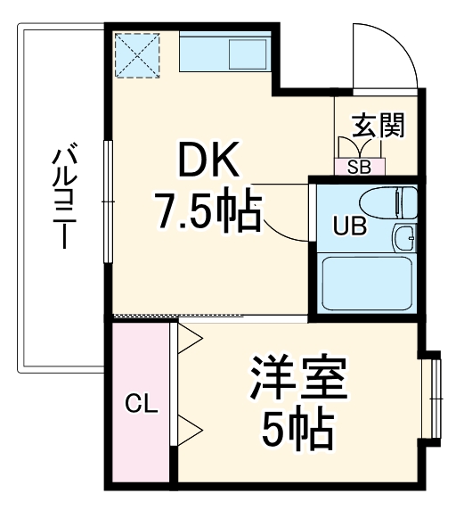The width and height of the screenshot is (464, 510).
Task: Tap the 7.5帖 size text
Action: coord(208,211)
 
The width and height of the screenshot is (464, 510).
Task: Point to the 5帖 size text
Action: coord(297,430)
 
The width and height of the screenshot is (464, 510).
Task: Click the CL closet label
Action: coord(141,404)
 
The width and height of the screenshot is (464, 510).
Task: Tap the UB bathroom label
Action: coord(349,226)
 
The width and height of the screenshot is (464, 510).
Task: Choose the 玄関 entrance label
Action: coord(378,125)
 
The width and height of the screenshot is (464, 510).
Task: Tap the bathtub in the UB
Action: coord(365,284)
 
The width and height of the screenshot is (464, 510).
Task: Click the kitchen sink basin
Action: coord(248,54)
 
